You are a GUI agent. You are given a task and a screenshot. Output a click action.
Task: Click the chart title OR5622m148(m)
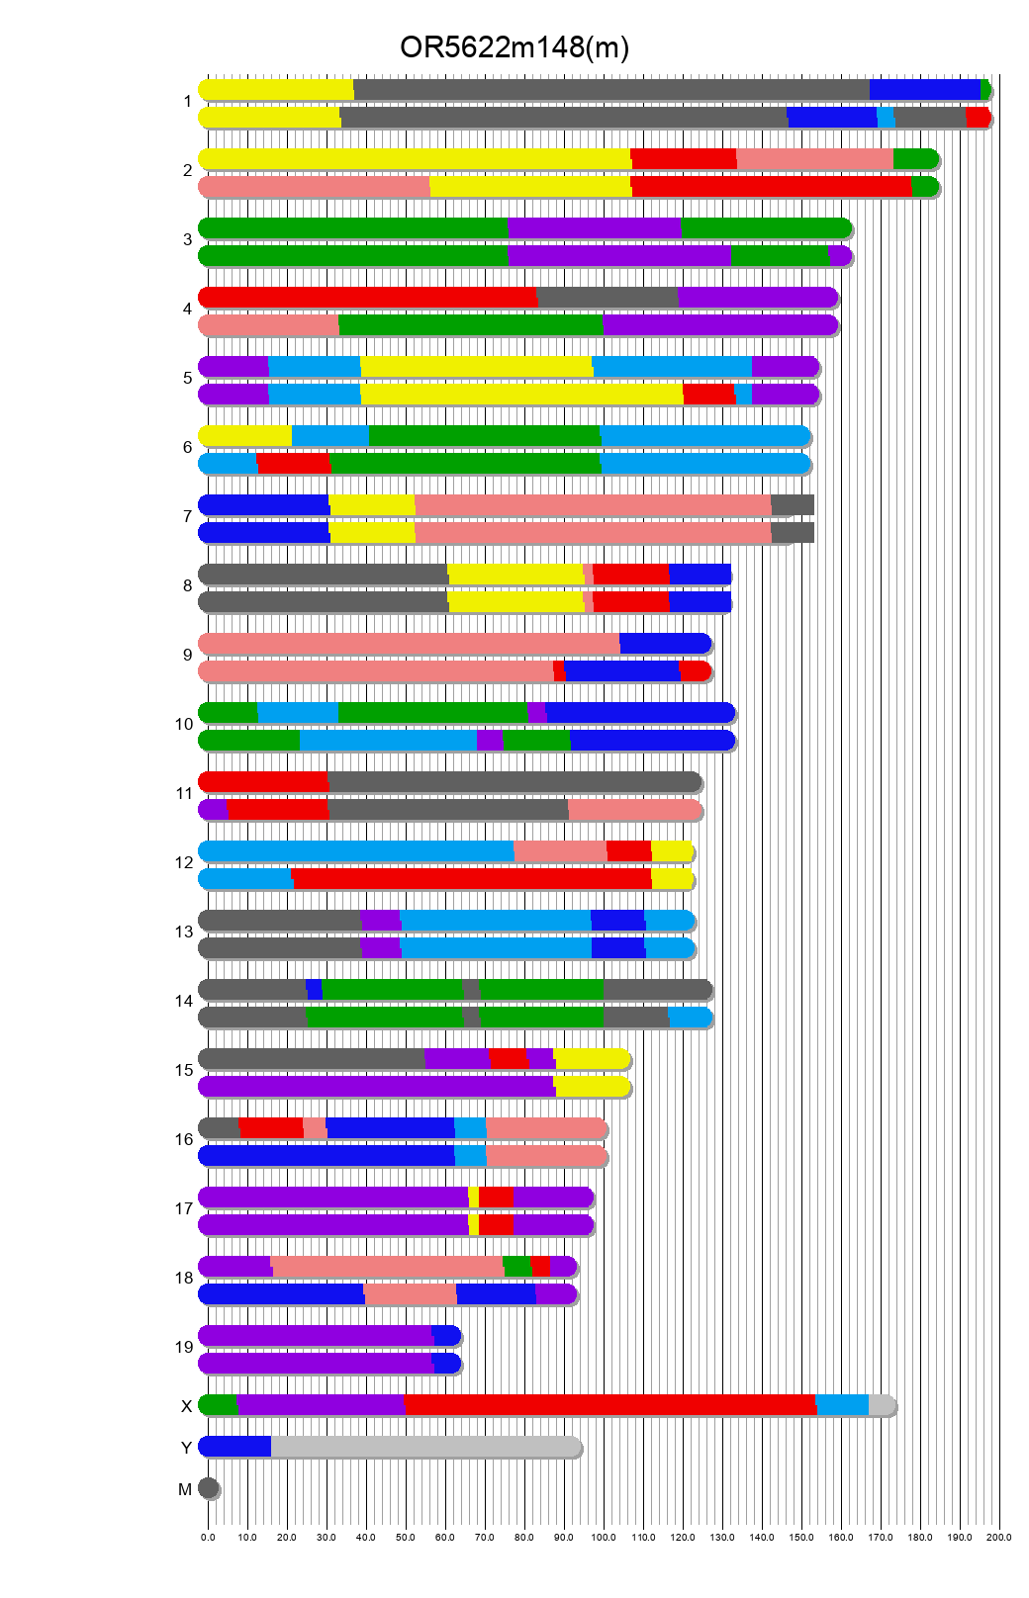514,47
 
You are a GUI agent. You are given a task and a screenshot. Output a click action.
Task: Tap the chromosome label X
186,1406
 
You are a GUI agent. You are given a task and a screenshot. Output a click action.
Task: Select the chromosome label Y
186,1448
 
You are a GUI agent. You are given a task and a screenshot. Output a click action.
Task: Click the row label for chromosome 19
184,1347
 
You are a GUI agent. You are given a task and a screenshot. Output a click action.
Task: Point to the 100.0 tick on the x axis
604,1537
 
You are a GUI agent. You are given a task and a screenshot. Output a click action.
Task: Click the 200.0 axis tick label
999,1537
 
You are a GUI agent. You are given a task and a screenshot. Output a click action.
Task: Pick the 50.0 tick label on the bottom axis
406,1537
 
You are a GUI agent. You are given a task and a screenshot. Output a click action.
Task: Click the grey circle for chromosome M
209,1487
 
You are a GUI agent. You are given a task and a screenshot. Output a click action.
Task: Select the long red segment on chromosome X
609,1404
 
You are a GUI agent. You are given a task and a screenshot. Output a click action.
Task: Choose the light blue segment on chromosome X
842,1404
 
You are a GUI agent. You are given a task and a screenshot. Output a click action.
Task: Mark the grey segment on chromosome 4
608,297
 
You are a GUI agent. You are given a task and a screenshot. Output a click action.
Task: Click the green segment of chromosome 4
471,324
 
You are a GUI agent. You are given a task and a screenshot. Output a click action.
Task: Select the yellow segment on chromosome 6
246,435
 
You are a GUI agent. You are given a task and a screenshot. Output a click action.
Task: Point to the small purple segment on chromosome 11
214,809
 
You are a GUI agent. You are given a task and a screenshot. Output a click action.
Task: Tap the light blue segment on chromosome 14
690,1017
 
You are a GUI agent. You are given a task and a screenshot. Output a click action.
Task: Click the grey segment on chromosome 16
220,1127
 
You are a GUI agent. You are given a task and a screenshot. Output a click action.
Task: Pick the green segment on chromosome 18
516,1266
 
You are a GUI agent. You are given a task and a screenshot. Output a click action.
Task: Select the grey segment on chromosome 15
312,1058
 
